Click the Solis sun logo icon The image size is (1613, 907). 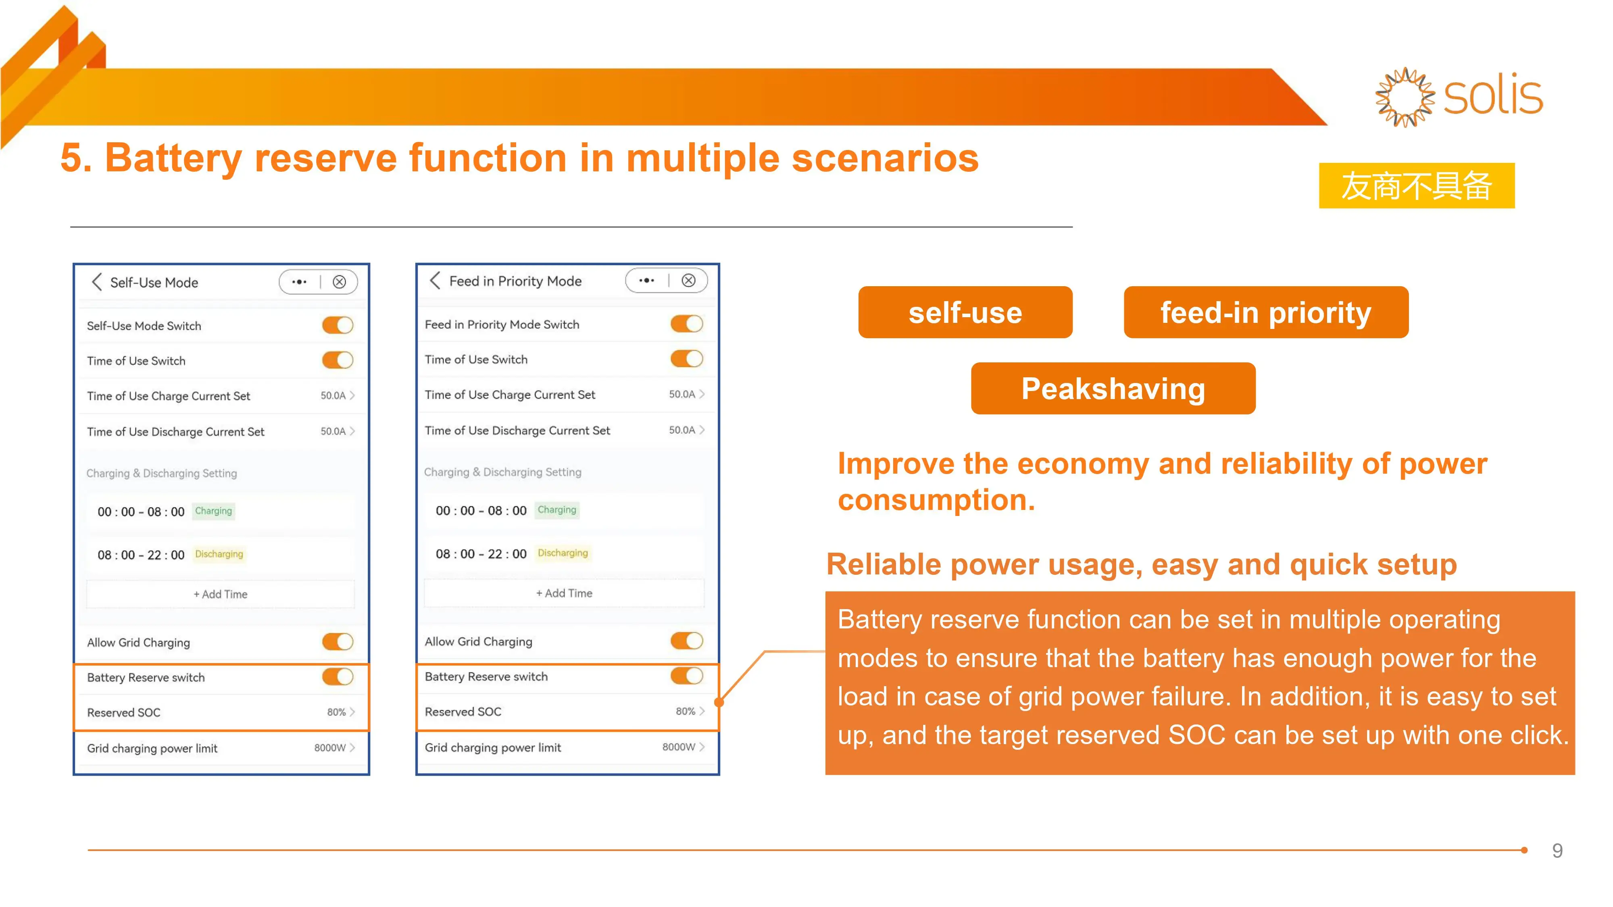click(x=1405, y=97)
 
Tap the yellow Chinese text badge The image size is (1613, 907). click(x=1416, y=186)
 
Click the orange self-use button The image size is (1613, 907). click(x=965, y=312)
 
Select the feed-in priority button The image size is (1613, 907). click(x=1265, y=312)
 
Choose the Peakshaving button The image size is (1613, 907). click(x=1113, y=389)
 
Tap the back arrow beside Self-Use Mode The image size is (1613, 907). click(x=96, y=282)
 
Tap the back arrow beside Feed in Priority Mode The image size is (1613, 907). click(x=435, y=281)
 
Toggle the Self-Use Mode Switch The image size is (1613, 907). click(x=338, y=325)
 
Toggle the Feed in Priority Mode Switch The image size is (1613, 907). click(x=686, y=324)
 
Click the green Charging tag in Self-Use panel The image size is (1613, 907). click(x=214, y=511)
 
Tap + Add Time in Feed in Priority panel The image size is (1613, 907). click(x=564, y=593)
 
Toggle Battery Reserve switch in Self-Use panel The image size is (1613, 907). click(x=338, y=677)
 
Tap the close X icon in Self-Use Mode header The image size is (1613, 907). click(x=340, y=282)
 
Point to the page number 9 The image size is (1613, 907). click(x=1557, y=851)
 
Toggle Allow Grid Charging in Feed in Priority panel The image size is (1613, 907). click(x=686, y=641)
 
